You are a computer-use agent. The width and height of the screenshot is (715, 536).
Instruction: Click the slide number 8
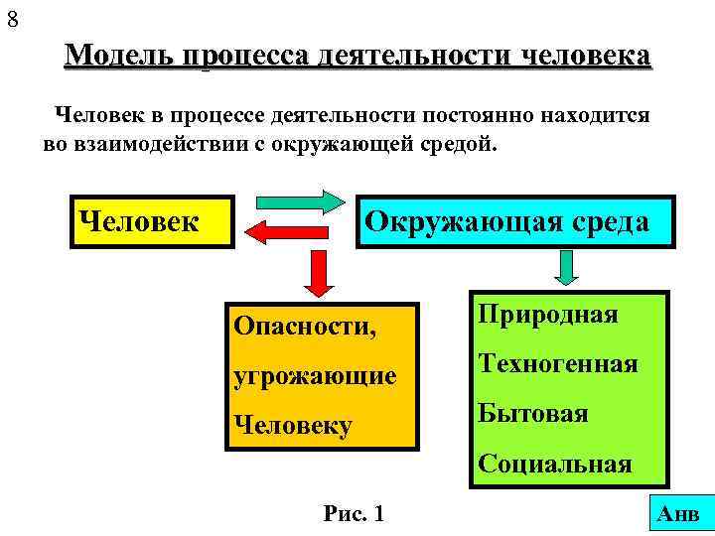(11, 17)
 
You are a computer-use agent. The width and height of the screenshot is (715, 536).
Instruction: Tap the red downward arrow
(317, 273)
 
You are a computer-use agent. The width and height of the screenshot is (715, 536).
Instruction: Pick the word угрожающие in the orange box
(314, 375)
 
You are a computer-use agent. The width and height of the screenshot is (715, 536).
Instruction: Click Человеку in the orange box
(292, 426)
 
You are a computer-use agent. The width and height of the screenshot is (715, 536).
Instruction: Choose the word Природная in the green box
(547, 315)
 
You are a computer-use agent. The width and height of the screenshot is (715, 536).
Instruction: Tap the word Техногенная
(558, 363)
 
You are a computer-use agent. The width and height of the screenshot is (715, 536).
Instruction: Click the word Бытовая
(533, 413)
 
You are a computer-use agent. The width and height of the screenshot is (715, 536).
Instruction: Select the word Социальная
(555, 464)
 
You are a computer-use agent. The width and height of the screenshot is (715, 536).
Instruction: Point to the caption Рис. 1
(354, 513)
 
